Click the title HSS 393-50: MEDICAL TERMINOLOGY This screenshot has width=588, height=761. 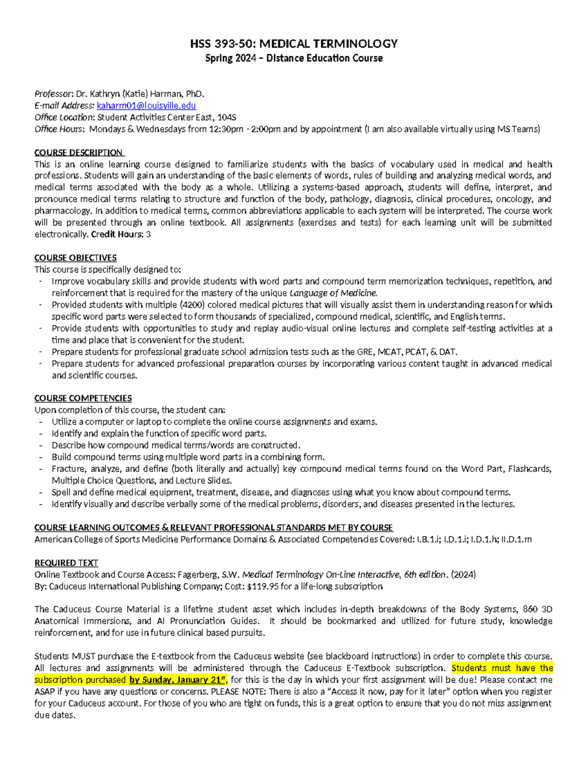tap(294, 44)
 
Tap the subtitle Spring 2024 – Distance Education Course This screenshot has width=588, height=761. tap(294, 58)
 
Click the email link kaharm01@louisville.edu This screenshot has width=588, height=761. tap(146, 106)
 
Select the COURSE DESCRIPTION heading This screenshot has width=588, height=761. tap(78, 152)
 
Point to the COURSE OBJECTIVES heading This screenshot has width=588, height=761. tap(75, 258)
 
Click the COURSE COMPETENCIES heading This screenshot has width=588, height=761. tap(83, 398)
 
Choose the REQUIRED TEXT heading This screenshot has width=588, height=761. tap(66, 563)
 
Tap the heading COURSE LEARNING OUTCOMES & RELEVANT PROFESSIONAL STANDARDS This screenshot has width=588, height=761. tap(213, 528)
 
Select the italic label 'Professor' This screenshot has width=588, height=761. tap(53, 94)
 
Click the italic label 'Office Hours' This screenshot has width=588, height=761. tap(59, 129)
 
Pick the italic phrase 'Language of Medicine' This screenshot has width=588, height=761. tap(333, 293)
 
